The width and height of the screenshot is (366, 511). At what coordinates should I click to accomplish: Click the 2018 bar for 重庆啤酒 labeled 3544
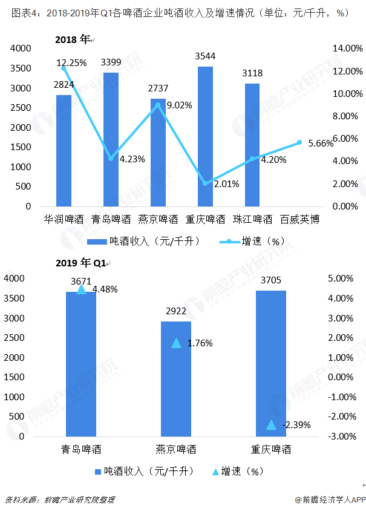click(205, 136)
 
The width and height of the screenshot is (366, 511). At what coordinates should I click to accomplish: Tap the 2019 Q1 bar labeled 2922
click(176, 378)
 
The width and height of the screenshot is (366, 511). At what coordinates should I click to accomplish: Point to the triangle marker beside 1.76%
click(176, 343)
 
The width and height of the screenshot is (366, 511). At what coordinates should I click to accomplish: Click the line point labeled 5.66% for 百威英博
click(299, 143)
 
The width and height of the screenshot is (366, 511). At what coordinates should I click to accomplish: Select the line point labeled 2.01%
click(206, 183)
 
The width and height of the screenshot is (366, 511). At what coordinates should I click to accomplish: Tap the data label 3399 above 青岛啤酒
click(111, 62)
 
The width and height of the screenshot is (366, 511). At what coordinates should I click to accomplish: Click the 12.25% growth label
click(71, 62)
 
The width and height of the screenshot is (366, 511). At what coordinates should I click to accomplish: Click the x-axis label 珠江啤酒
click(252, 219)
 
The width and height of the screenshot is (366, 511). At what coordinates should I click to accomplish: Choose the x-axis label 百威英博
click(299, 219)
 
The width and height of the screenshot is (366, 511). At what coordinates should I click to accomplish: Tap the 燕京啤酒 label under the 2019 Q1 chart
click(176, 450)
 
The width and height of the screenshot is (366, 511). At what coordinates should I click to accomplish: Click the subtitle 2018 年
click(72, 39)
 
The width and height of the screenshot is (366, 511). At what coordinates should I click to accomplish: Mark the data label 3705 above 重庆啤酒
click(271, 280)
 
